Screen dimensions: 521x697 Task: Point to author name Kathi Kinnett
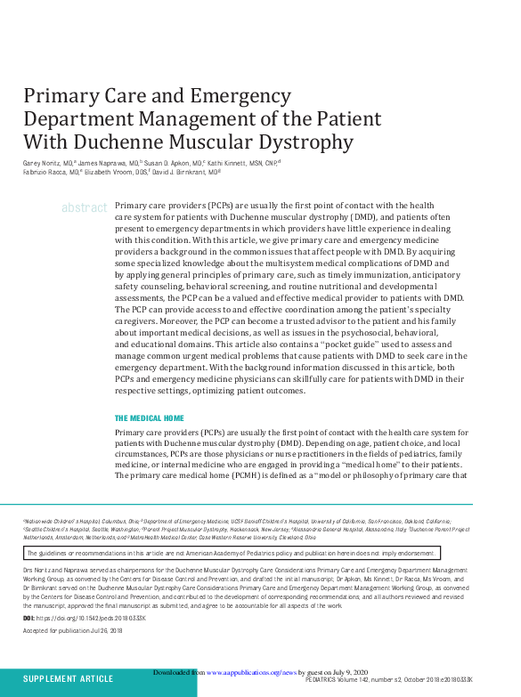click(x=235, y=165)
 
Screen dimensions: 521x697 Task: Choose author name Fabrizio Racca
click(x=45, y=173)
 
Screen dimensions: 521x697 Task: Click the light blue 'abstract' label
click(x=84, y=207)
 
